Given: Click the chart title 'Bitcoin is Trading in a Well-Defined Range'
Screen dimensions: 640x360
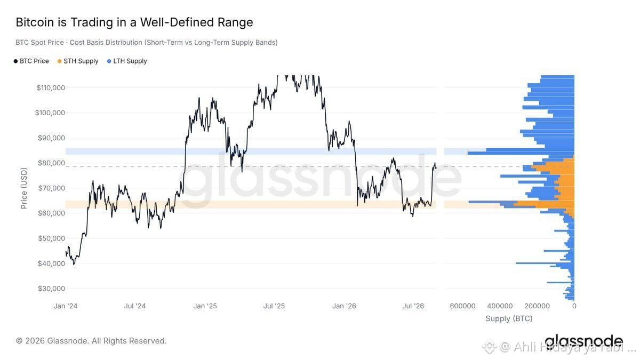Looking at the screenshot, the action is [134, 22].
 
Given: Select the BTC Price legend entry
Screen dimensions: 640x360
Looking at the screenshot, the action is [31, 61].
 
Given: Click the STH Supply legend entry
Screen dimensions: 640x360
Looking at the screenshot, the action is [78, 61].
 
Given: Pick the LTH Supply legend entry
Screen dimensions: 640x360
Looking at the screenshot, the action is [127, 61].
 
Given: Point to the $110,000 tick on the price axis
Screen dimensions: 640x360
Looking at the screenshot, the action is [51, 87].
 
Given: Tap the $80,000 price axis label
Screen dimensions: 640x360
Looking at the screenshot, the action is [51, 163].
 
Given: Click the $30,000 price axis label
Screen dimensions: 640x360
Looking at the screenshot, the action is [51, 289].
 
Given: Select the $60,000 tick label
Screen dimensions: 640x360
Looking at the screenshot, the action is [51, 213].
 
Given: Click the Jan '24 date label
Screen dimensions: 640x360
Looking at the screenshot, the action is [66, 306].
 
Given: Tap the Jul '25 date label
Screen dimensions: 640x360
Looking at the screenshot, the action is [274, 306].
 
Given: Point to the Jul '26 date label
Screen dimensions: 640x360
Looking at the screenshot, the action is [413, 306].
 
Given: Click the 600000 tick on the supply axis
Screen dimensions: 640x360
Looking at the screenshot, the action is [462, 306].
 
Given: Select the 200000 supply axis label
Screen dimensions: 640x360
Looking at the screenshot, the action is [537, 306].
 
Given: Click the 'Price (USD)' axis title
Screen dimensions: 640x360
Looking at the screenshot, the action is [24, 188].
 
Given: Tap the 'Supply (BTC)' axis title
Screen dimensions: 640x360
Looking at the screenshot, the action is [509, 318].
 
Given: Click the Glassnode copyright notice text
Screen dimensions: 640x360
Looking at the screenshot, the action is [91, 341].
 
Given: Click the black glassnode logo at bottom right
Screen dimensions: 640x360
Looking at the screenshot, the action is [583, 341].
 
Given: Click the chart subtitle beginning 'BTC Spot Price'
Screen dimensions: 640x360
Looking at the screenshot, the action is [147, 43].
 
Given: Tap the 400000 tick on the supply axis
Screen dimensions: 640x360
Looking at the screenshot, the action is [500, 306].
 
